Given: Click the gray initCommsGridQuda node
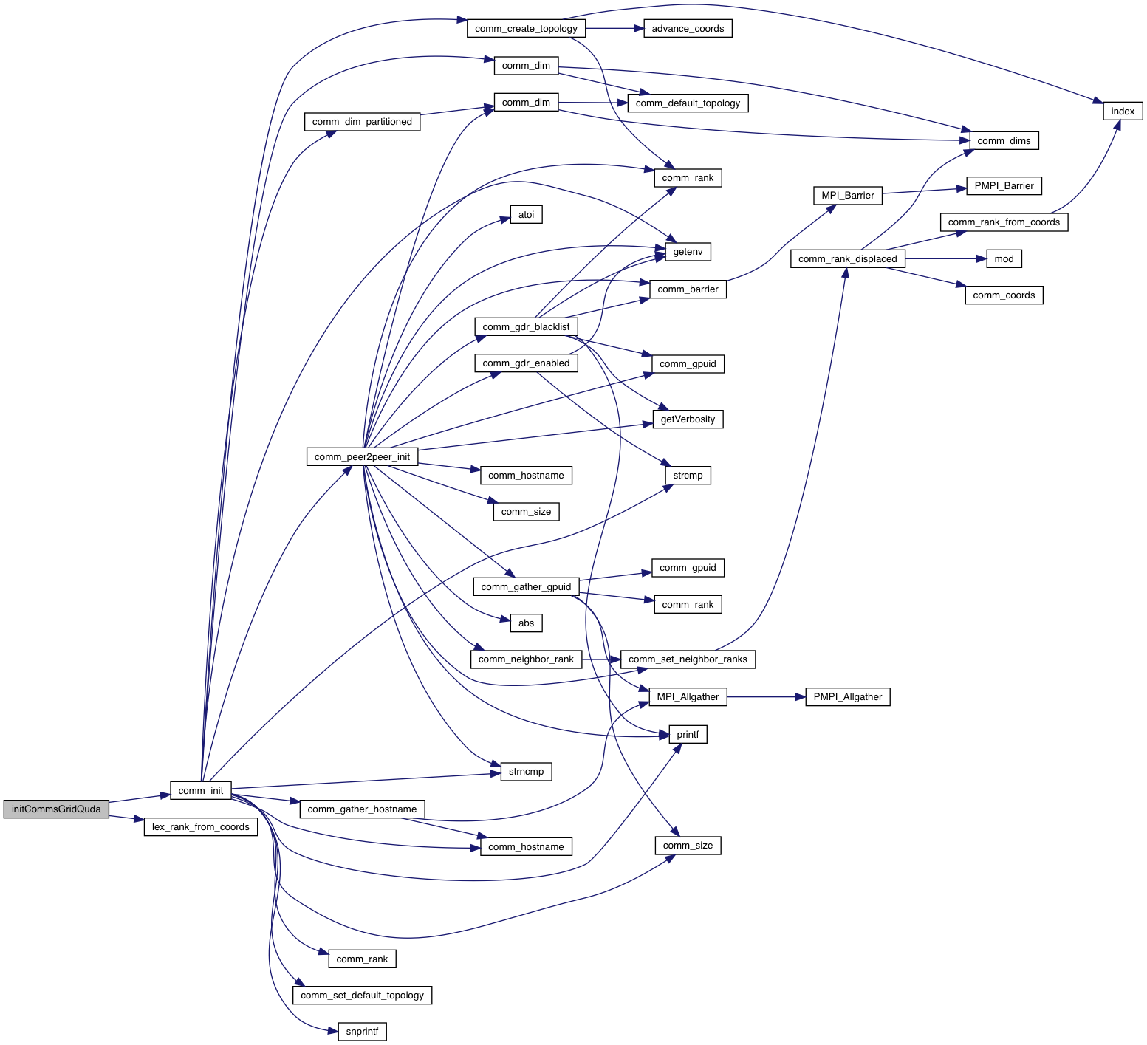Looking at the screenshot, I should (x=56, y=809).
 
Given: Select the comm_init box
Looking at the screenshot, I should (x=201, y=790).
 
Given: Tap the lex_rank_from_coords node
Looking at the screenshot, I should (x=201, y=826).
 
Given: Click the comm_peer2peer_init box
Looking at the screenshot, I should (x=362, y=456).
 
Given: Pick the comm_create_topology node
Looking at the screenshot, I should (x=526, y=29).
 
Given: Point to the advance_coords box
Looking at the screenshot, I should (x=688, y=29).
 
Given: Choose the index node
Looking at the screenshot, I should (x=1123, y=111).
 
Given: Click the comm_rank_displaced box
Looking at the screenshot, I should (x=847, y=258).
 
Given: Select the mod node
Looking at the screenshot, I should (x=1004, y=258).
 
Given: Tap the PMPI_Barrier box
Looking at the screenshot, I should (x=1004, y=186).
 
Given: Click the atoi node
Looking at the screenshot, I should (x=526, y=215).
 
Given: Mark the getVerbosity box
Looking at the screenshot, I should (x=688, y=419).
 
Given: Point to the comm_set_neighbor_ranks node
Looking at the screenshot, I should (x=688, y=659).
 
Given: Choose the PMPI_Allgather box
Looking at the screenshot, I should (x=847, y=696).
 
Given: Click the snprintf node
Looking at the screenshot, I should (x=362, y=1032).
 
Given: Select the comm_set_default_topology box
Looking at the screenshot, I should (x=362, y=995).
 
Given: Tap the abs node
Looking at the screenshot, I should (x=526, y=623).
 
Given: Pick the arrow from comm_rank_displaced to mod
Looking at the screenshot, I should (x=945, y=258).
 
